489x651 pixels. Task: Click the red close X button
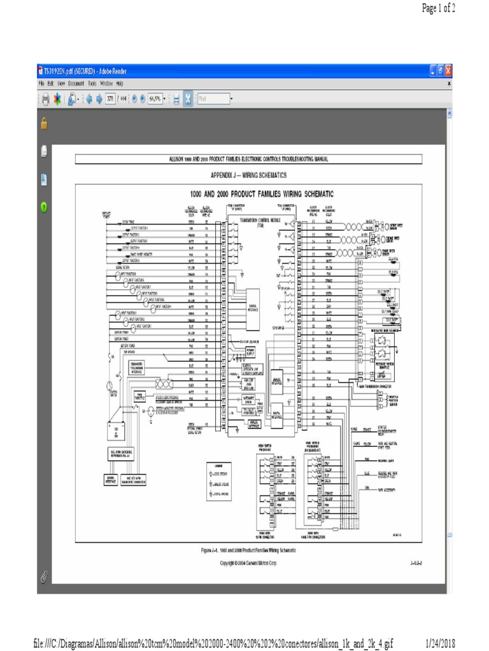tap(448, 71)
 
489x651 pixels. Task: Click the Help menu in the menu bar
tap(120, 83)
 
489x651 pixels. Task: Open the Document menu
tap(76, 83)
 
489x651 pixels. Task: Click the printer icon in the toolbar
tap(45, 99)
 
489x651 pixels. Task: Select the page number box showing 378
tap(110, 99)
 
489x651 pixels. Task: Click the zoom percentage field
tap(154, 99)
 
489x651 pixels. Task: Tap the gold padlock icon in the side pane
tap(43, 123)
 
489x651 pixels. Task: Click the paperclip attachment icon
tap(43, 576)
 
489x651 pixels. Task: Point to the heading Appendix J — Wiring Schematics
tap(248, 175)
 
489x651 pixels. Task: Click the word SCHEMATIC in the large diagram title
tap(314, 193)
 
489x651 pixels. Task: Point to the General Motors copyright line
tap(248, 563)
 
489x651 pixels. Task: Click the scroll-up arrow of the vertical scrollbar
tap(450, 113)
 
